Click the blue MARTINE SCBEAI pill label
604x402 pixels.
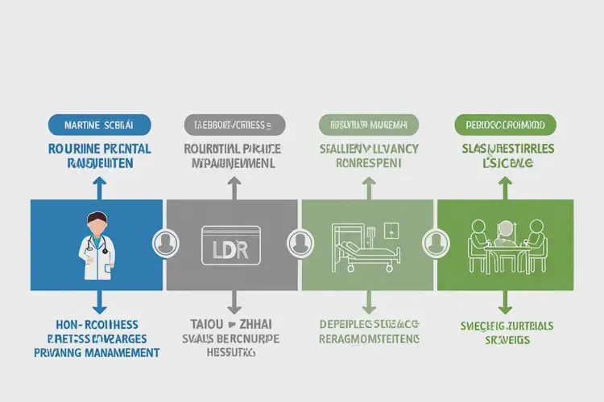(99, 125)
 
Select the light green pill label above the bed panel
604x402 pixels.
(369, 125)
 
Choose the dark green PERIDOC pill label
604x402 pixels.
(505, 125)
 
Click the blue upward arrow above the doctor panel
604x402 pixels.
(98, 187)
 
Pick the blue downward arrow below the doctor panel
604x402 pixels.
(98, 302)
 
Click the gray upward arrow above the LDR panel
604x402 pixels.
(234, 187)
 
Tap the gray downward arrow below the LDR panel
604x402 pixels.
(234, 302)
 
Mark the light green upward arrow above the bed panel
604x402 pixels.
(369, 187)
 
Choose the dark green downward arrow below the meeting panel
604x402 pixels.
(505, 302)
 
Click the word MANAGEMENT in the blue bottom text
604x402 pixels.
(121, 352)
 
